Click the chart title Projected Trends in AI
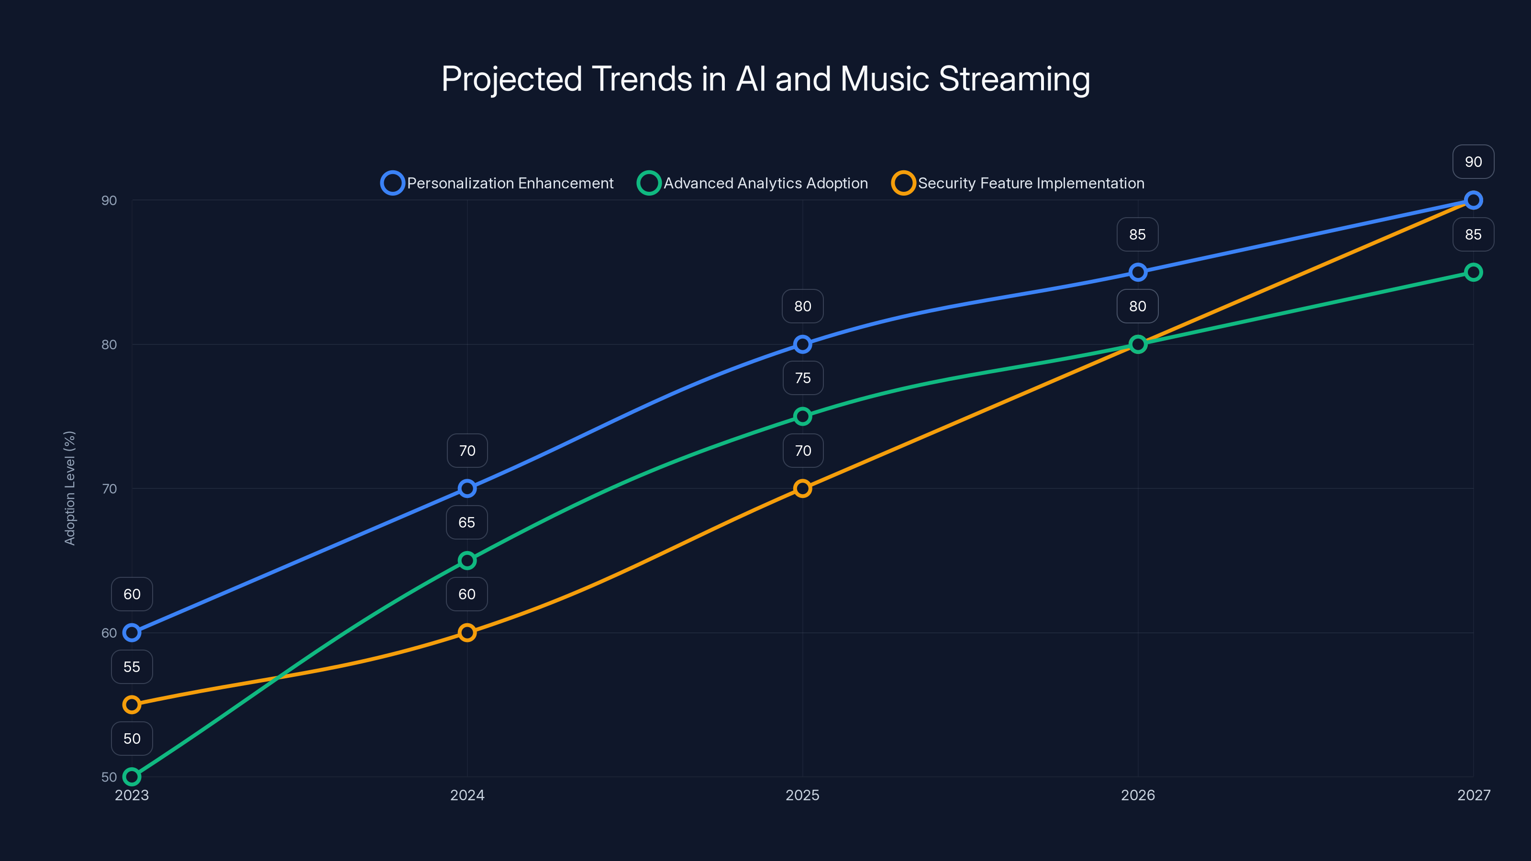[x=765, y=79]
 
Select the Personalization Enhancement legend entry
[x=498, y=183]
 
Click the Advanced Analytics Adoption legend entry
[x=753, y=183]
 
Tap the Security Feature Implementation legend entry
[x=1018, y=183]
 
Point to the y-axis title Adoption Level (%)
[x=70, y=488]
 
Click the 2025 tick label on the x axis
[x=802, y=795]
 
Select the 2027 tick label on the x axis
[x=1474, y=795]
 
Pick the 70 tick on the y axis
[x=110, y=488]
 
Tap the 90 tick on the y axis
[x=110, y=200]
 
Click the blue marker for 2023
[x=132, y=633]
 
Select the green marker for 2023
[x=132, y=777]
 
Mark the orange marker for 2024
[x=467, y=633]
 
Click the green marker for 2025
[x=802, y=417]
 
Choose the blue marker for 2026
[x=1138, y=272]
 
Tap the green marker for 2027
[x=1474, y=272]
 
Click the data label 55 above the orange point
[x=132, y=667]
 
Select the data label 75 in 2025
[x=802, y=378]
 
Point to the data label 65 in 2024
[x=467, y=522]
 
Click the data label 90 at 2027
[x=1474, y=162]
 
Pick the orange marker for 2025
[x=802, y=488]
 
